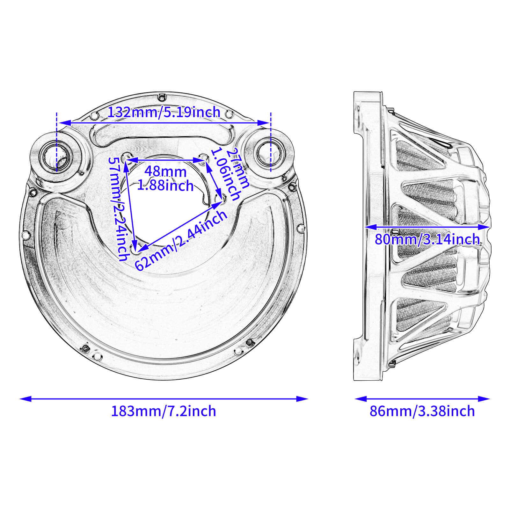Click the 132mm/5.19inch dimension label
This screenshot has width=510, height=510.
click(x=164, y=112)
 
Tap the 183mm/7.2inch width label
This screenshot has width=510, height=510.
click(x=163, y=411)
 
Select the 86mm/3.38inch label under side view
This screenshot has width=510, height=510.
click(x=422, y=411)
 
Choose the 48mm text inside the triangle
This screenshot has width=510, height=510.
click(x=165, y=171)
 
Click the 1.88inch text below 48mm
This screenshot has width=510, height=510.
click(x=165, y=186)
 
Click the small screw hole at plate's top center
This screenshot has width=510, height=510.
click(x=162, y=96)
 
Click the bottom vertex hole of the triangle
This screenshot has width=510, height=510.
click(x=135, y=250)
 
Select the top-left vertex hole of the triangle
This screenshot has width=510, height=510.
click(x=126, y=157)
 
